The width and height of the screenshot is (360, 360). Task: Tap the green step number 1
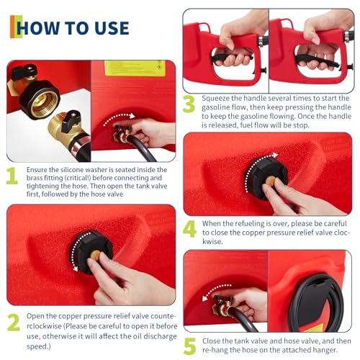tap(12, 176)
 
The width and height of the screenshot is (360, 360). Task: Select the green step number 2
tap(14, 323)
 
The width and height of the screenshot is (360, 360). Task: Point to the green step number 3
tap(189, 104)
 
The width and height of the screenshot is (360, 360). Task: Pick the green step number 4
tap(189, 229)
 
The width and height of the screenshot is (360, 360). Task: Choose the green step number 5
tap(190, 346)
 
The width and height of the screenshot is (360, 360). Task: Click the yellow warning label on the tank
tap(135, 68)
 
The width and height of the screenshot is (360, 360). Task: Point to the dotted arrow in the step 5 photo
tap(215, 289)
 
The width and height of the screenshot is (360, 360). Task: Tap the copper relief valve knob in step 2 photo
tap(96, 255)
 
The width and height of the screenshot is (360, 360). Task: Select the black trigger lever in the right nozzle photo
tap(316, 61)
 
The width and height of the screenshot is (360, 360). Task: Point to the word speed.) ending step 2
tap(39, 346)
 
